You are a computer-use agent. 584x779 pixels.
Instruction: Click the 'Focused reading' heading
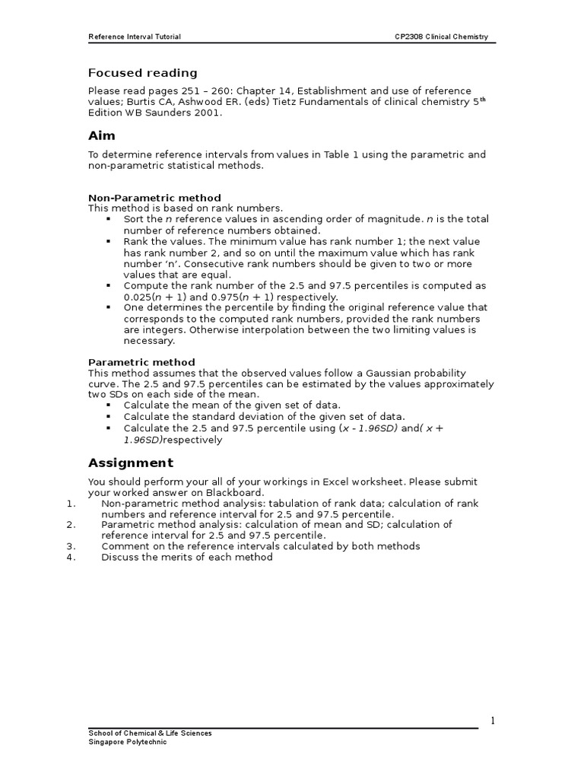(x=142, y=73)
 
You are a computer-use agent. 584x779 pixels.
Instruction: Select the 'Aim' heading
(x=102, y=135)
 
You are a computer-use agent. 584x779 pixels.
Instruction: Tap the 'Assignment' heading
(x=131, y=463)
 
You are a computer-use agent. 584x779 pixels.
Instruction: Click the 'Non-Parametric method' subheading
(x=154, y=198)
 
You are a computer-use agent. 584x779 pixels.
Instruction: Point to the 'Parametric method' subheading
(x=141, y=362)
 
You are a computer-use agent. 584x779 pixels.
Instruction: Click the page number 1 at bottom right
(x=493, y=721)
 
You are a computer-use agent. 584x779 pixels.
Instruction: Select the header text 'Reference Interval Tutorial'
(x=135, y=37)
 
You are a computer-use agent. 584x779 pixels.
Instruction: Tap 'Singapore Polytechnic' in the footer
(x=127, y=742)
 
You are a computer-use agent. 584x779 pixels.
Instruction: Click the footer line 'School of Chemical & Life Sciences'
(x=151, y=733)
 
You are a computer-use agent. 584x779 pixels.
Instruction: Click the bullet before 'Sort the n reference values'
(x=109, y=219)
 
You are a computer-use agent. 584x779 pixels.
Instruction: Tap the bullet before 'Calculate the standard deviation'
(x=109, y=417)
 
